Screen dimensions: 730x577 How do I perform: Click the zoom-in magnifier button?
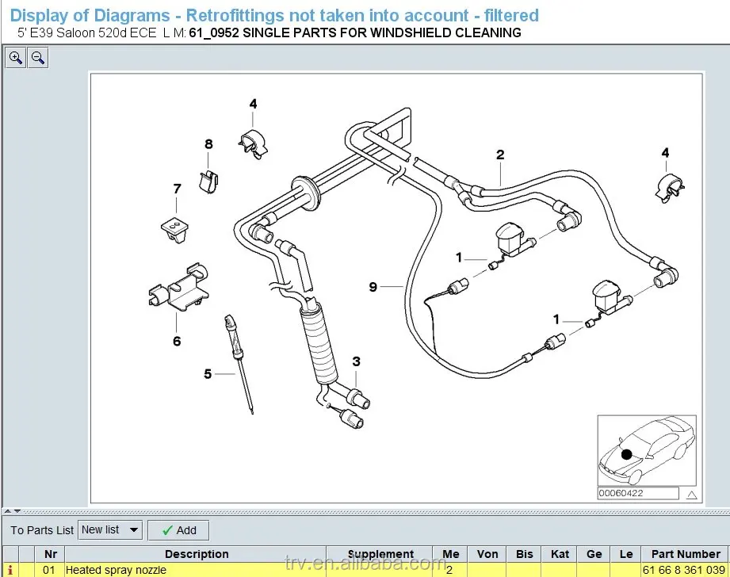(15, 58)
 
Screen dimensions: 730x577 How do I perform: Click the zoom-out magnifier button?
(38, 58)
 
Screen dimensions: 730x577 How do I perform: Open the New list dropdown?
(110, 530)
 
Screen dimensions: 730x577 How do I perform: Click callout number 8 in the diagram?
(208, 144)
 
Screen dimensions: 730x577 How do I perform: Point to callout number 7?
(177, 189)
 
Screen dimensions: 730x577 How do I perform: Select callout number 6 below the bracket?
(177, 341)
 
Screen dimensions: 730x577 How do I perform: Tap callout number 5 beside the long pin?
(208, 374)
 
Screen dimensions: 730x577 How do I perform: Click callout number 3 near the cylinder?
(356, 361)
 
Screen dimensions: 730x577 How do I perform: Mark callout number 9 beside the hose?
(373, 287)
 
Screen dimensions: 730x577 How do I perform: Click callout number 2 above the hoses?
(500, 155)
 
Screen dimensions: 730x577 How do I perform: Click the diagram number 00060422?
(621, 493)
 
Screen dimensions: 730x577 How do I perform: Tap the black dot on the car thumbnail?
(627, 454)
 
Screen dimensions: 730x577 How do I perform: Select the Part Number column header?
(686, 554)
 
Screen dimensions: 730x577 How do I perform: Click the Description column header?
(197, 554)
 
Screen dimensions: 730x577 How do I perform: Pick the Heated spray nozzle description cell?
(116, 570)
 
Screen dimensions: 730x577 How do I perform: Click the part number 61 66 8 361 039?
(683, 570)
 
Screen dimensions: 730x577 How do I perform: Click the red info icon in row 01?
(10, 570)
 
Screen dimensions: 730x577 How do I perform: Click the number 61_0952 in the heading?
(214, 33)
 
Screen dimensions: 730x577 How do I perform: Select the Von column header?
(487, 554)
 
